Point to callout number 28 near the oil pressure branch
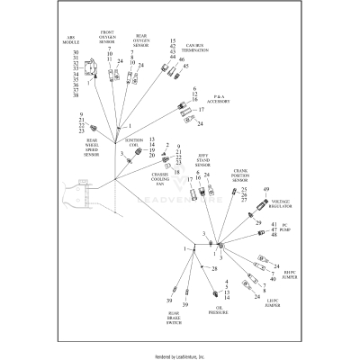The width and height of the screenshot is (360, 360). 213,268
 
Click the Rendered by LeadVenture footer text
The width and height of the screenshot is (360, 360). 180,355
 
